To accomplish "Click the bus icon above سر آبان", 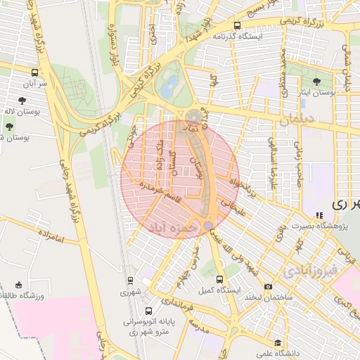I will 35,72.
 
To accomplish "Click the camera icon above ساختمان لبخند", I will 268,286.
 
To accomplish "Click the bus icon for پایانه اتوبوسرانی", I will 148,311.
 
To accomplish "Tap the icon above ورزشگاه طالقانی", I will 18,285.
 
